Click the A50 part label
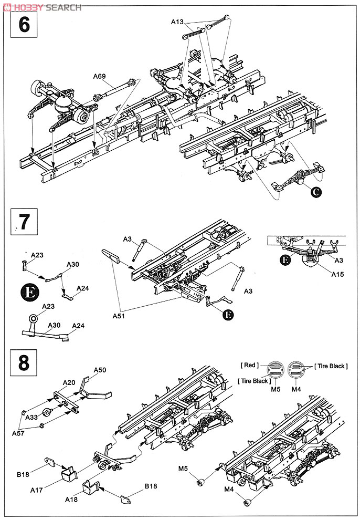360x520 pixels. coord(100,370)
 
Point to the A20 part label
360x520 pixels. coord(69,382)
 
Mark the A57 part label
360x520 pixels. coord(19,433)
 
